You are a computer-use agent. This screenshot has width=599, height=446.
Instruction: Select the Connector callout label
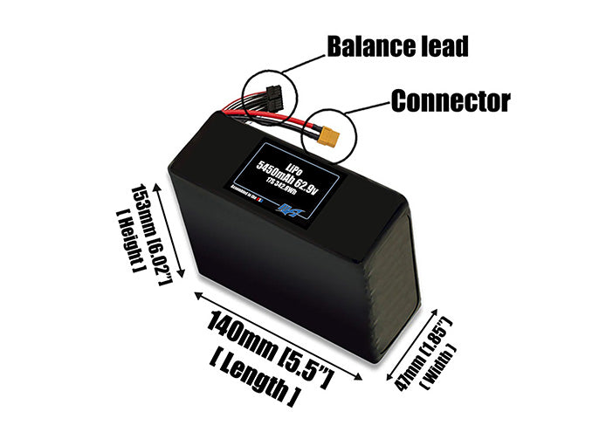450,101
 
